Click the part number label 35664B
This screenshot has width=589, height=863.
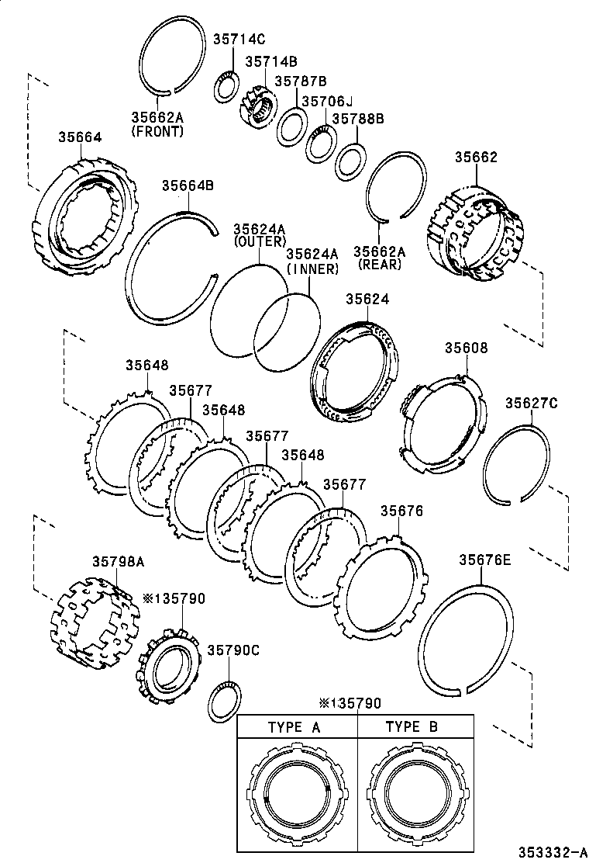point(188,185)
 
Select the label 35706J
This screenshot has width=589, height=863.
point(326,101)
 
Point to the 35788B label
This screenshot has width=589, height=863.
point(358,119)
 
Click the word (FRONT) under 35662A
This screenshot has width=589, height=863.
point(157,132)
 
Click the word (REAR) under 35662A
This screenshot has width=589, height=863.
point(380,264)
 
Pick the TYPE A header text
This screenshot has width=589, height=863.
point(294,727)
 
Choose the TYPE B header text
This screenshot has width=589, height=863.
point(412,727)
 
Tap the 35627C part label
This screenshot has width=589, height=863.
point(532,403)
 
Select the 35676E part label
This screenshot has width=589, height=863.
point(484,560)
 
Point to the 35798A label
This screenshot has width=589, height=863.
point(119,561)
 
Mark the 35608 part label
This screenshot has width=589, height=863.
point(466,348)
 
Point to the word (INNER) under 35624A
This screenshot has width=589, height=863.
point(312,269)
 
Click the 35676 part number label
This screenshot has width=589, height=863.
point(401,511)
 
